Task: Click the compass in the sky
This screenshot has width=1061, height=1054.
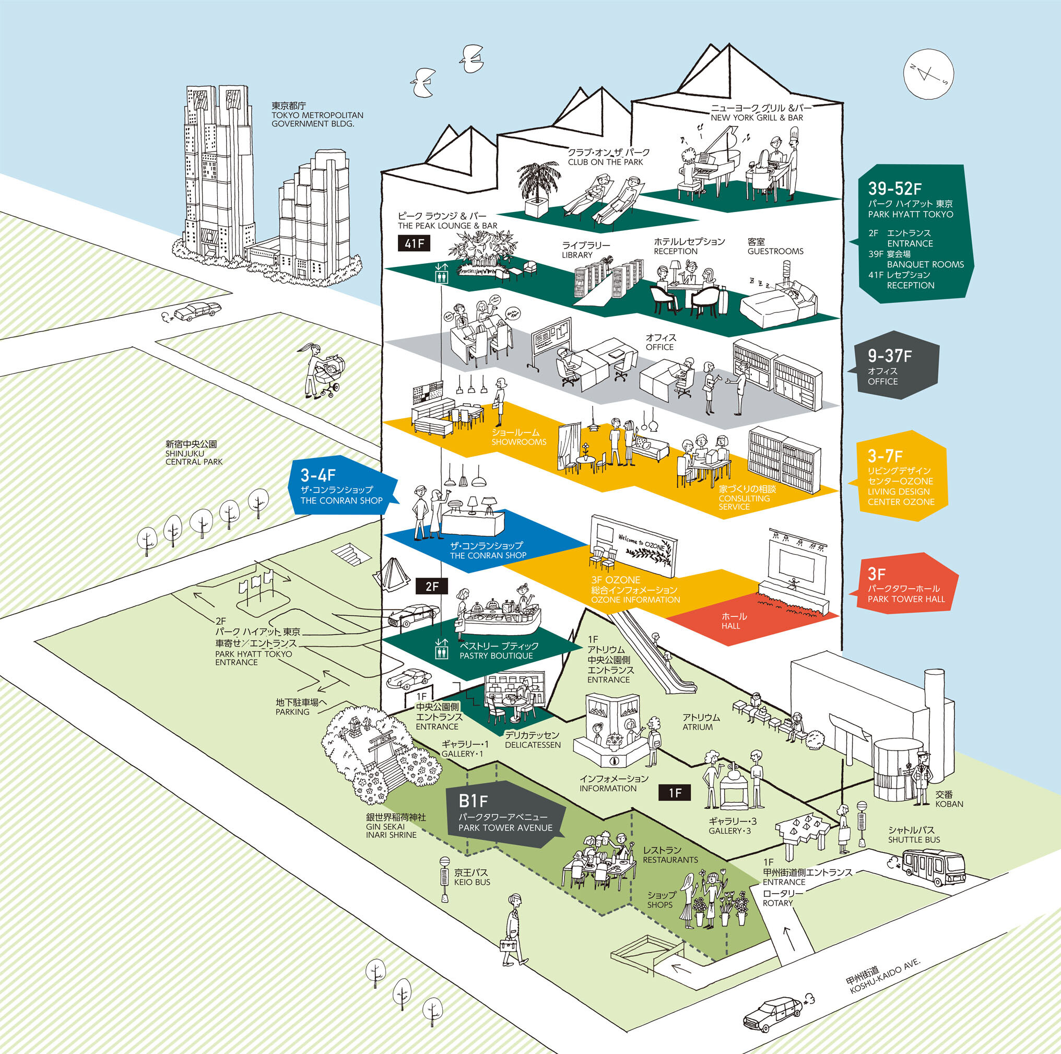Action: click(x=929, y=74)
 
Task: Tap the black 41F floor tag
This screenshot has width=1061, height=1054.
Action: click(x=414, y=243)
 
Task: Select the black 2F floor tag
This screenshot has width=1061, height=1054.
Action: click(x=432, y=586)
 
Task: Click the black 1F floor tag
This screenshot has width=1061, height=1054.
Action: click(x=675, y=792)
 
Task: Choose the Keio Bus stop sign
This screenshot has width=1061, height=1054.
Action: click(x=444, y=879)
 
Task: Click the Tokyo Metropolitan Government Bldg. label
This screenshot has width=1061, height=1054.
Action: click(x=317, y=115)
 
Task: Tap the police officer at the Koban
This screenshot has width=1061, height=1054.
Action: click(x=922, y=778)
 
